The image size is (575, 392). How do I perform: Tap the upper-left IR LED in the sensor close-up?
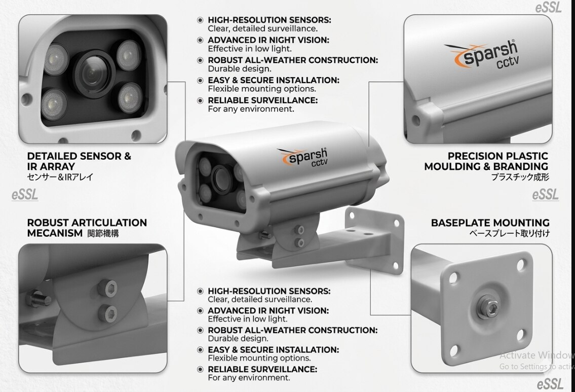[x=56, y=59]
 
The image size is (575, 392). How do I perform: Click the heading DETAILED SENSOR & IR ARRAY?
[x=79, y=161]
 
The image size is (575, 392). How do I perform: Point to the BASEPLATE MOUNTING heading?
[x=490, y=223]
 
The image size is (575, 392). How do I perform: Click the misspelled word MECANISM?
[x=55, y=233]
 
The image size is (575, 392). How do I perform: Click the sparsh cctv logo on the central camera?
[x=302, y=157]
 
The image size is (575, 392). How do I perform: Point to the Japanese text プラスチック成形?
[x=520, y=177]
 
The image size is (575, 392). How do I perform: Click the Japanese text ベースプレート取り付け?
[x=509, y=233]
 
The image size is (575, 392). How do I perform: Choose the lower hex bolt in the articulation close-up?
[x=108, y=314]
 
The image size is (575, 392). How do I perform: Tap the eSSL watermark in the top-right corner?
[x=549, y=7]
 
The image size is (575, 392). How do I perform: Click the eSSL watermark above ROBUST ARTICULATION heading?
[x=24, y=195]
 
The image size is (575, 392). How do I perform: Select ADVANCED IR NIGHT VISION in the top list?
[x=269, y=40]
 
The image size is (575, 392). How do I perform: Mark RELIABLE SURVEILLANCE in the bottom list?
[x=262, y=369]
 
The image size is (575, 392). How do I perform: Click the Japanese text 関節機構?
[x=103, y=233]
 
